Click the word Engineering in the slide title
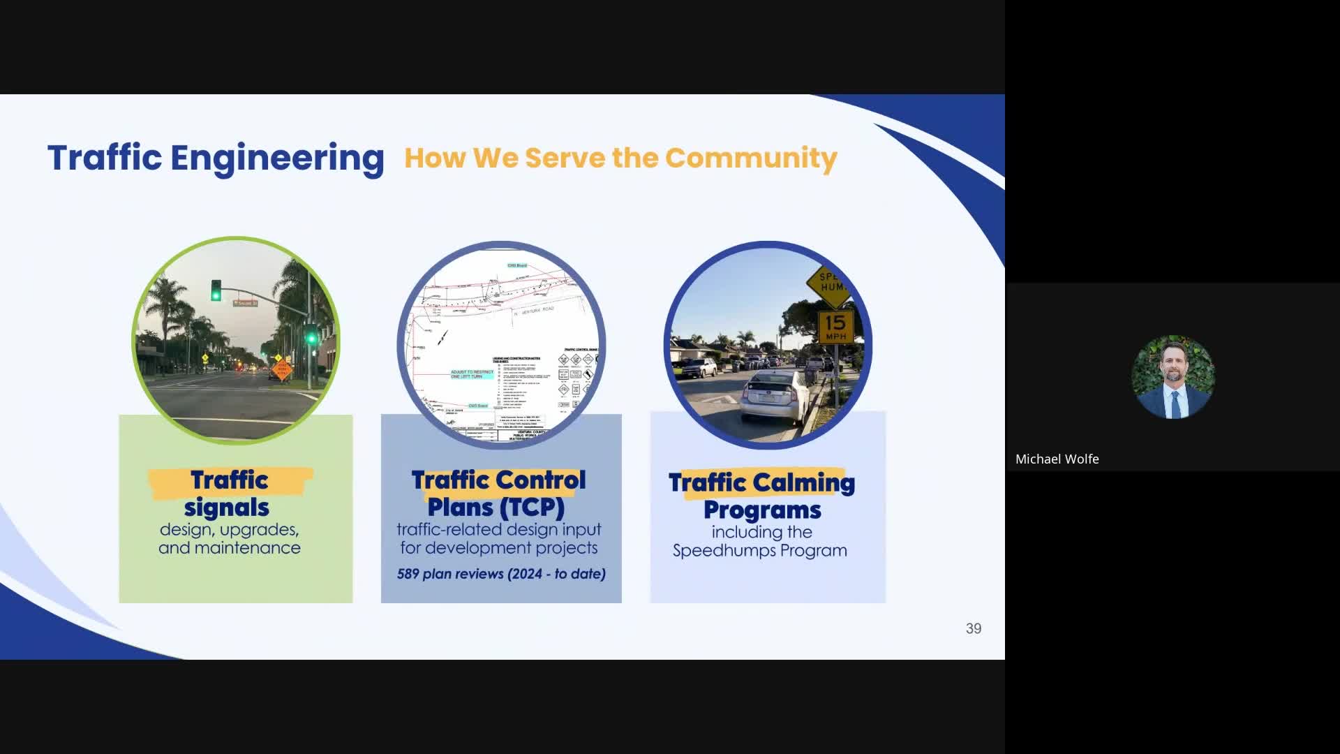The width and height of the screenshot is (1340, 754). point(277,158)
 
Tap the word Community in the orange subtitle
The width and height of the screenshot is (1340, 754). point(750,158)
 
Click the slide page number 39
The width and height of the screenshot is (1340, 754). point(973,628)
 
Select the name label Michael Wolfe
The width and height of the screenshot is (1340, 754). point(1057,459)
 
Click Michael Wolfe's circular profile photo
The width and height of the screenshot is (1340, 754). point(1172,377)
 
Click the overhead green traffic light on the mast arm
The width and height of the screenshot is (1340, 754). point(216,290)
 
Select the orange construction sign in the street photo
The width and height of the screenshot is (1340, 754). point(282,369)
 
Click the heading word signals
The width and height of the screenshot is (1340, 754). point(227,508)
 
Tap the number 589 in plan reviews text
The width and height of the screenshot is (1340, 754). point(408,574)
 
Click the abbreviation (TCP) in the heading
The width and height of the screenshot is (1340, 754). point(532,507)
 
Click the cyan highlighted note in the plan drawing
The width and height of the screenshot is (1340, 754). point(472,374)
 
